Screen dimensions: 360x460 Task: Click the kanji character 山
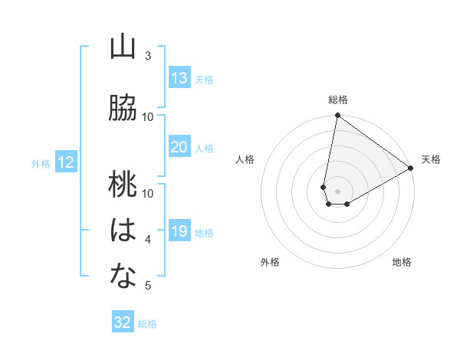pyautogui.click(x=123, y=47)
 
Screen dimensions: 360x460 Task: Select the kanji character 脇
pyautogui.click(x=123, y=108)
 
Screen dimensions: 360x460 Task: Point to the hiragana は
pyautogui.click(x=123, y=231)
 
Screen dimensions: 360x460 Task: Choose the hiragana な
pyautogui.click(x=123, y=277)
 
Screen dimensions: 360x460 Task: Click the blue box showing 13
pyautogui.click(x=179, y=78)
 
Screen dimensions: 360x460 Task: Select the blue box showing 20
pyautogui.click(x=179, y=147)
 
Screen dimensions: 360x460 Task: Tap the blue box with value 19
pyautogui.click(x=179, y=231)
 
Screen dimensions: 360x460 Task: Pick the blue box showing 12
pyautogui.click(x=66, y=162)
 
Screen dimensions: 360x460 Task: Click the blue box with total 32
pyautogui.click(x=123, y=322)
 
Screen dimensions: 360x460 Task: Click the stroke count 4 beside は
pyautogui.click(x=148, y=240)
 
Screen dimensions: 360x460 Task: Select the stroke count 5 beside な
pyautogui.click(x=148, y=286)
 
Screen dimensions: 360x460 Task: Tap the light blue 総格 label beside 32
pyautogui.click(x=147, y=324)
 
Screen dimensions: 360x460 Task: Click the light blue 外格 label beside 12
pyautogui.click(x=41, y=163)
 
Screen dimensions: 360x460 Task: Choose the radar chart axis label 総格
pyautogui.click(x=337, y=100)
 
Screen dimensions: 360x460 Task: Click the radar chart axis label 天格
pyautogui.click(x=431, y=159)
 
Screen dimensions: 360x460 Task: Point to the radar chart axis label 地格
pyautogui.click(x=402, y=262)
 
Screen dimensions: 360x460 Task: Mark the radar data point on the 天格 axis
pyautogui.click(x=411, y=169)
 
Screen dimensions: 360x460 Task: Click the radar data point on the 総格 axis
pyautogui.click(x=337, y=116)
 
